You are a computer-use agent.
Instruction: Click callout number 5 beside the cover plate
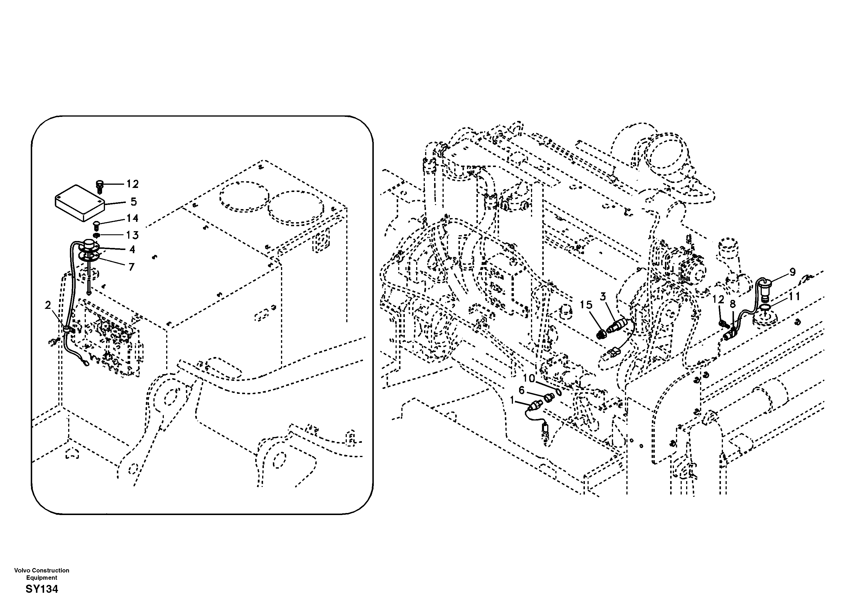coord(134,202)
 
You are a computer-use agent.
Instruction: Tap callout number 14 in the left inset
coord(132,218)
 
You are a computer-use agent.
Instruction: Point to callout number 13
coord(132,235)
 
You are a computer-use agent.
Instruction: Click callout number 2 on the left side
coord(48,306)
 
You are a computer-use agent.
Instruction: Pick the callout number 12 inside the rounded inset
coord(132,184)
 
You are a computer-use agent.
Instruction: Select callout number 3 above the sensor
coord(603,297)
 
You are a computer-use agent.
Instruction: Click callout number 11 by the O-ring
coord(794,297)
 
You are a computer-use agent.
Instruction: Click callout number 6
coord(522,391)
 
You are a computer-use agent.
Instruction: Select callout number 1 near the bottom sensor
coord(512,401)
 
